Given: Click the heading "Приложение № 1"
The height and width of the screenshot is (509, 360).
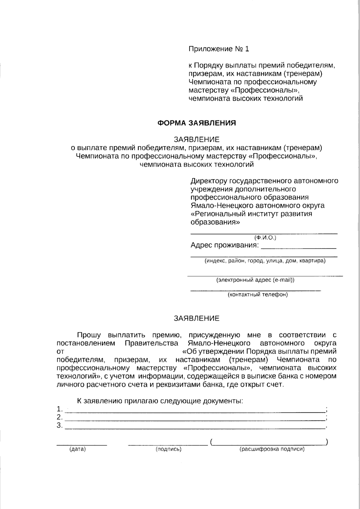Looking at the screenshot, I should [219, 49].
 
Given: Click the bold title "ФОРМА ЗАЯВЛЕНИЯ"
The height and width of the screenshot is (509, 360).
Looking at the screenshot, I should [197, 123].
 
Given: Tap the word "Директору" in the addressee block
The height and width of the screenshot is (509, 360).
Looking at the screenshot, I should [209, 181].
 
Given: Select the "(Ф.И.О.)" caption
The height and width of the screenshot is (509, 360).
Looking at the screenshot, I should [265, 238].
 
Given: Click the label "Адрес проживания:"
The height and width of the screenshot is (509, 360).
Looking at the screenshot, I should [224, 245].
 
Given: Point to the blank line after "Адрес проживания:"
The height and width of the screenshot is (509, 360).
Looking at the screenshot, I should [298, 248].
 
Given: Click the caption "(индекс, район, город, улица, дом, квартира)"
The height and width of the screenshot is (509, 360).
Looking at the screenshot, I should [265, 261].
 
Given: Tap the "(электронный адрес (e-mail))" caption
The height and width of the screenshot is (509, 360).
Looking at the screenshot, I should [255, 280].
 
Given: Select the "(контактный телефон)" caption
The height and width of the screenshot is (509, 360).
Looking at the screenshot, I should [258, 295].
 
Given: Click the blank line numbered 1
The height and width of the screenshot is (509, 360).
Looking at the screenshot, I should [195, 412].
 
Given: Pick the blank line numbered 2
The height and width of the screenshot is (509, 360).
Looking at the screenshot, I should [195, 421].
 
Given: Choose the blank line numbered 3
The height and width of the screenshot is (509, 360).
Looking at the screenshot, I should [195, 429].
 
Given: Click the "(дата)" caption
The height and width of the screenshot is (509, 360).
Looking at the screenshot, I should [77, 449].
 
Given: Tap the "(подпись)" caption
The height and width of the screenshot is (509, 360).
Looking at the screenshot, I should [168, 449].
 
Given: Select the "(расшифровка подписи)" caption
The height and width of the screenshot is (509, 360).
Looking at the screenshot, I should [272, 449].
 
